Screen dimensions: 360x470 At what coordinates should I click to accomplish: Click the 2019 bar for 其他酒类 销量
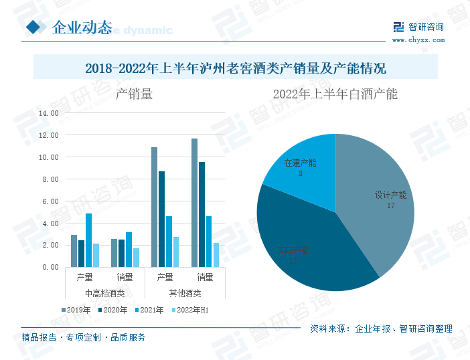click(x=194, y=203)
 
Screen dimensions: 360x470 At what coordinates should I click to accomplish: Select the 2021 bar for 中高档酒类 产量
click(x=88, y=240)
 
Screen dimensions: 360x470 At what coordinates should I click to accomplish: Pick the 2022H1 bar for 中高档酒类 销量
click(x=136, y=258)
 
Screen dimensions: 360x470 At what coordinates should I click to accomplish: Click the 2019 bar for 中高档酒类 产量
click(x=74, y=251)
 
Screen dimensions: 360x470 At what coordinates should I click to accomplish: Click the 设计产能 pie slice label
click(x=390, y=195)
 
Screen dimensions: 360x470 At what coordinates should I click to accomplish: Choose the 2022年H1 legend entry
click(x=193, y=309)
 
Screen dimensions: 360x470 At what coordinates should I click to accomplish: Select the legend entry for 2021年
click(x=153, y=309)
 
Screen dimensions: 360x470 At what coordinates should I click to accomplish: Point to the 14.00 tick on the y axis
click(x=50, y=113)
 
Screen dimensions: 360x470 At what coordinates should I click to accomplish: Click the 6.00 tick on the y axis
click(x=51, y=201)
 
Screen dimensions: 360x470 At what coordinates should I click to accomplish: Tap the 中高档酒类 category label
click(x=104, y=293)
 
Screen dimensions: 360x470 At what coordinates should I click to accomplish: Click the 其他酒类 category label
click(x=185, y=293)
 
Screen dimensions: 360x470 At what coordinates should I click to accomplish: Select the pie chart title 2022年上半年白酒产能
click(x=335, y=94)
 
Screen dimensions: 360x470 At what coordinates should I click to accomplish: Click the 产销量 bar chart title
click(x=134, y=94)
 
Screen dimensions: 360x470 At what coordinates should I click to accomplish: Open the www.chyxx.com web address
click(x=418, y=40)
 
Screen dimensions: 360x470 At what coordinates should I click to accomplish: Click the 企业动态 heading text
click(x=82, y=27)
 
